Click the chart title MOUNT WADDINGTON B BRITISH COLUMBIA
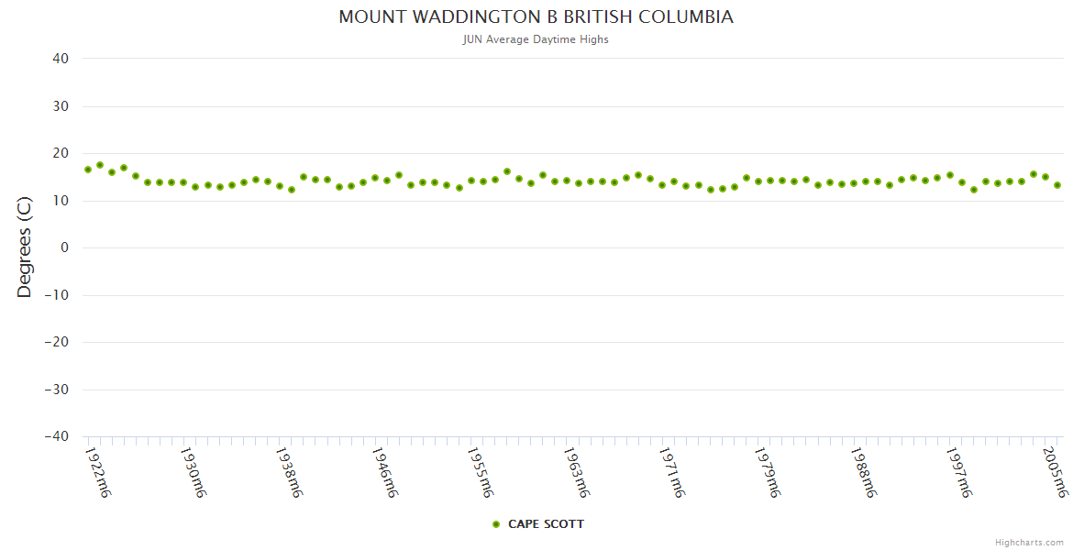pyautogui.click(x=536, y=17)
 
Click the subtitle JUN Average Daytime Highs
pyautogui.click(x=536, y=39)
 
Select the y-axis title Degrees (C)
pyautogui.click(x=25, y=247)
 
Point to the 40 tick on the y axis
pyautogui.click(x=61, y=59)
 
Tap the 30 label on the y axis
pyautogui.click(x=61, y=106)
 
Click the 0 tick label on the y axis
pyautogui.click(x=65, y=247)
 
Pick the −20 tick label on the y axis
pyautogui.click(x=57, y=342)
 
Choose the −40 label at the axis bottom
pyautogui.click(x=57, y=436)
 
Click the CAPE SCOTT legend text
pyautogui.click(x=546, y=524)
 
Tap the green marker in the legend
pyautogui.click(x=496, y=524)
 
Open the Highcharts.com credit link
pyautogui.click(x=1029, y=543)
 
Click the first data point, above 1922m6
pyautogui.click(x=88, y=170)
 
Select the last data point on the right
pyautogui.click(x=1057, y=185)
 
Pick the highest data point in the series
pyautogui.click(x=100, y=165)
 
